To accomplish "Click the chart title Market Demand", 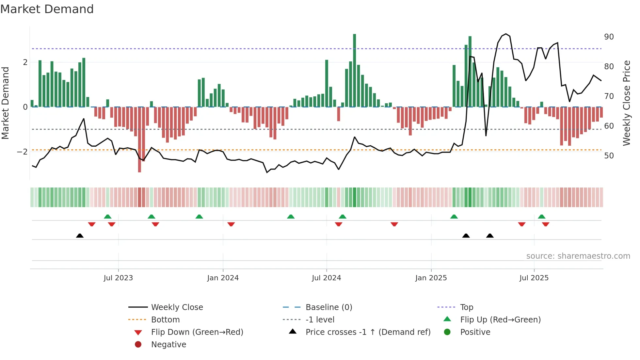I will (x=47, y=9).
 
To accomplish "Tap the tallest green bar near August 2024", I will (x=354, y=70).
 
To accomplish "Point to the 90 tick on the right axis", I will (x=609, y=37).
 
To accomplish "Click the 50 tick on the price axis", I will (x=609, y=156).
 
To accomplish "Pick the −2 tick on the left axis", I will (x=22, y=152).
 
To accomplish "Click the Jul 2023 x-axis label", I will (x=118, y=278).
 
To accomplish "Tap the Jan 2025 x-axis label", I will (x=431, y=278).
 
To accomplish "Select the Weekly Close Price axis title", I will (x=626, y=103).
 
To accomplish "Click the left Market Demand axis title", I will (x=5, y=103).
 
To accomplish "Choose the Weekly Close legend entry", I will (x=177, y=307).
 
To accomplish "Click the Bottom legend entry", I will (x=165, y=320).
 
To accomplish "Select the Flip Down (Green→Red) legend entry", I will (x=197, y=332).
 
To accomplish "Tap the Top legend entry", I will (x=467, y=307).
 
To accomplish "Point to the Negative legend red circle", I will (x=138, y=345).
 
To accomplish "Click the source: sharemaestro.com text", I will (x=578, y=256).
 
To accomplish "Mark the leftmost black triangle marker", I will (x=80, y=236).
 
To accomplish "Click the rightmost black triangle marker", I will (x=490, y=236).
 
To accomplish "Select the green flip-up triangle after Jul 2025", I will (x=542, y=217).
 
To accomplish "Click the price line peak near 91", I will (x=506, y=34).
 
